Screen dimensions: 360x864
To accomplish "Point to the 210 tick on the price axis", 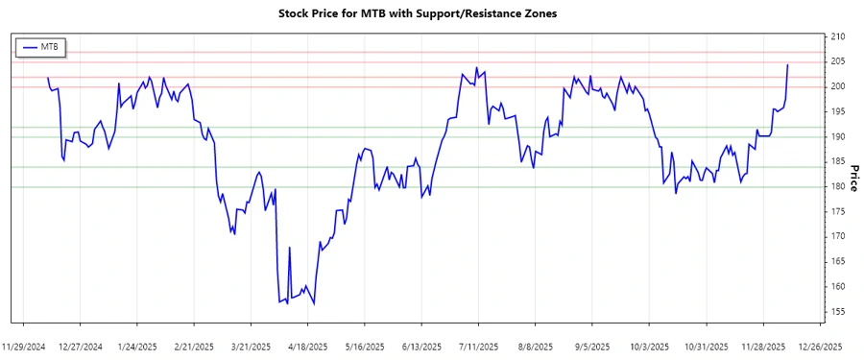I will click(838, 36).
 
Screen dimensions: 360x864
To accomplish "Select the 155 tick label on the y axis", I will click(838, 311).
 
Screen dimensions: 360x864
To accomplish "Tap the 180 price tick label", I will click(838, 186).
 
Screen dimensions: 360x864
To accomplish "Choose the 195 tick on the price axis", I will click(838, 111).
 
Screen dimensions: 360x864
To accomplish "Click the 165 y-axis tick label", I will click(838, 261).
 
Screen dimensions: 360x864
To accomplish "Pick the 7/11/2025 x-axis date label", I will click(478, 346).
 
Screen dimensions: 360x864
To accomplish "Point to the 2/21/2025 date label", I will click(195, 346).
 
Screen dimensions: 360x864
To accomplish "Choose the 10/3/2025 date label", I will click(650, 346).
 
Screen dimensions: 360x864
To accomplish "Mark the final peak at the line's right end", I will click(788, 65).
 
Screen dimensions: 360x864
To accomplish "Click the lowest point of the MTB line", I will click(314, 304).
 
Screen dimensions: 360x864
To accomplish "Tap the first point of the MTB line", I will click(48, 78).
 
